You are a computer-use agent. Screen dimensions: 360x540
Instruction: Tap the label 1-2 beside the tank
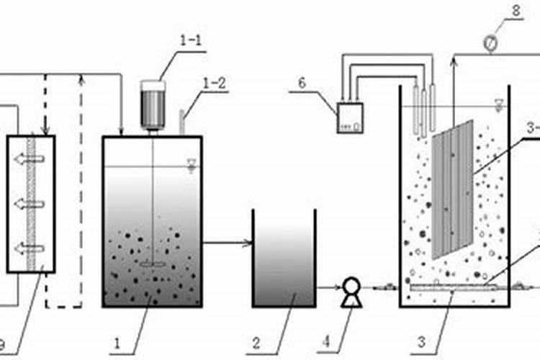tap(215, 83)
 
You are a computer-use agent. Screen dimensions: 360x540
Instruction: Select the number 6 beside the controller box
tap(302, 84)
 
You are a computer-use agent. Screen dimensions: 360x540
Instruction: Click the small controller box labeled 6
tap(351, 118)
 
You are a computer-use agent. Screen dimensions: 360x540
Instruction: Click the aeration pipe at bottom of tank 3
tap(451, 289)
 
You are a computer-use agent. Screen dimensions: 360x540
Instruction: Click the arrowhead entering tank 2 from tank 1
tap(248, 243)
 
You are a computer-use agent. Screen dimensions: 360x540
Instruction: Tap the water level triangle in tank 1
tap(190, 164)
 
